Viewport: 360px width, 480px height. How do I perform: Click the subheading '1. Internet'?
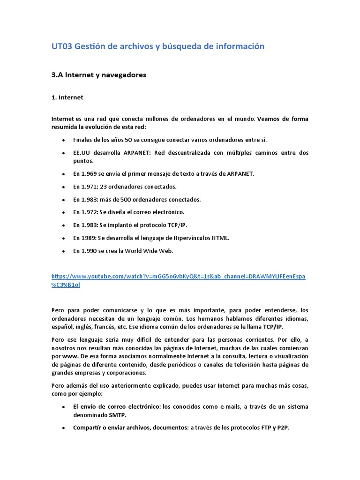coord(67,97)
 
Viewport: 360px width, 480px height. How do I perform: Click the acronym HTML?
coord(220,238)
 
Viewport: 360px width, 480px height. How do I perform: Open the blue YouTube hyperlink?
coord(178,277)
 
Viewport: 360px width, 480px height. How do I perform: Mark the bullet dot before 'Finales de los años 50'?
coord(63,140)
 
